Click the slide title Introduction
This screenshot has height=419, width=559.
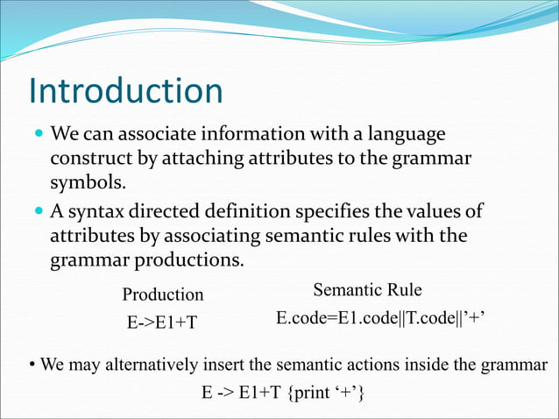click(125, 92)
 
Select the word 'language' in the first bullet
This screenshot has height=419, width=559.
click(405, 136)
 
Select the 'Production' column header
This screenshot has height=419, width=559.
click(162, 295)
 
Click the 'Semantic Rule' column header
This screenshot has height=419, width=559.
click(367, 289)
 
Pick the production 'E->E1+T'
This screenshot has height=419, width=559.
click(162, 323)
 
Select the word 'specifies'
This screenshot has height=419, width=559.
click(345, 212)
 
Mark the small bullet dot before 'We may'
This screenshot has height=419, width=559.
click(32, 365)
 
